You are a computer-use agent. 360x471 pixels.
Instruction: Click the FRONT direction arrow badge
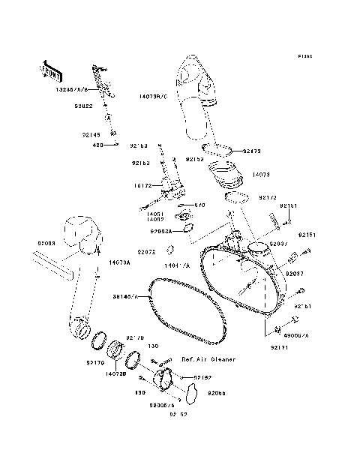(49, 69)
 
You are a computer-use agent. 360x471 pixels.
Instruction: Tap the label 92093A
(160, 231)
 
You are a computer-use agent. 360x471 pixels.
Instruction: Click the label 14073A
(119, 262)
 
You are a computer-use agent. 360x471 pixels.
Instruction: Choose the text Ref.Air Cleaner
(208, 359)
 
